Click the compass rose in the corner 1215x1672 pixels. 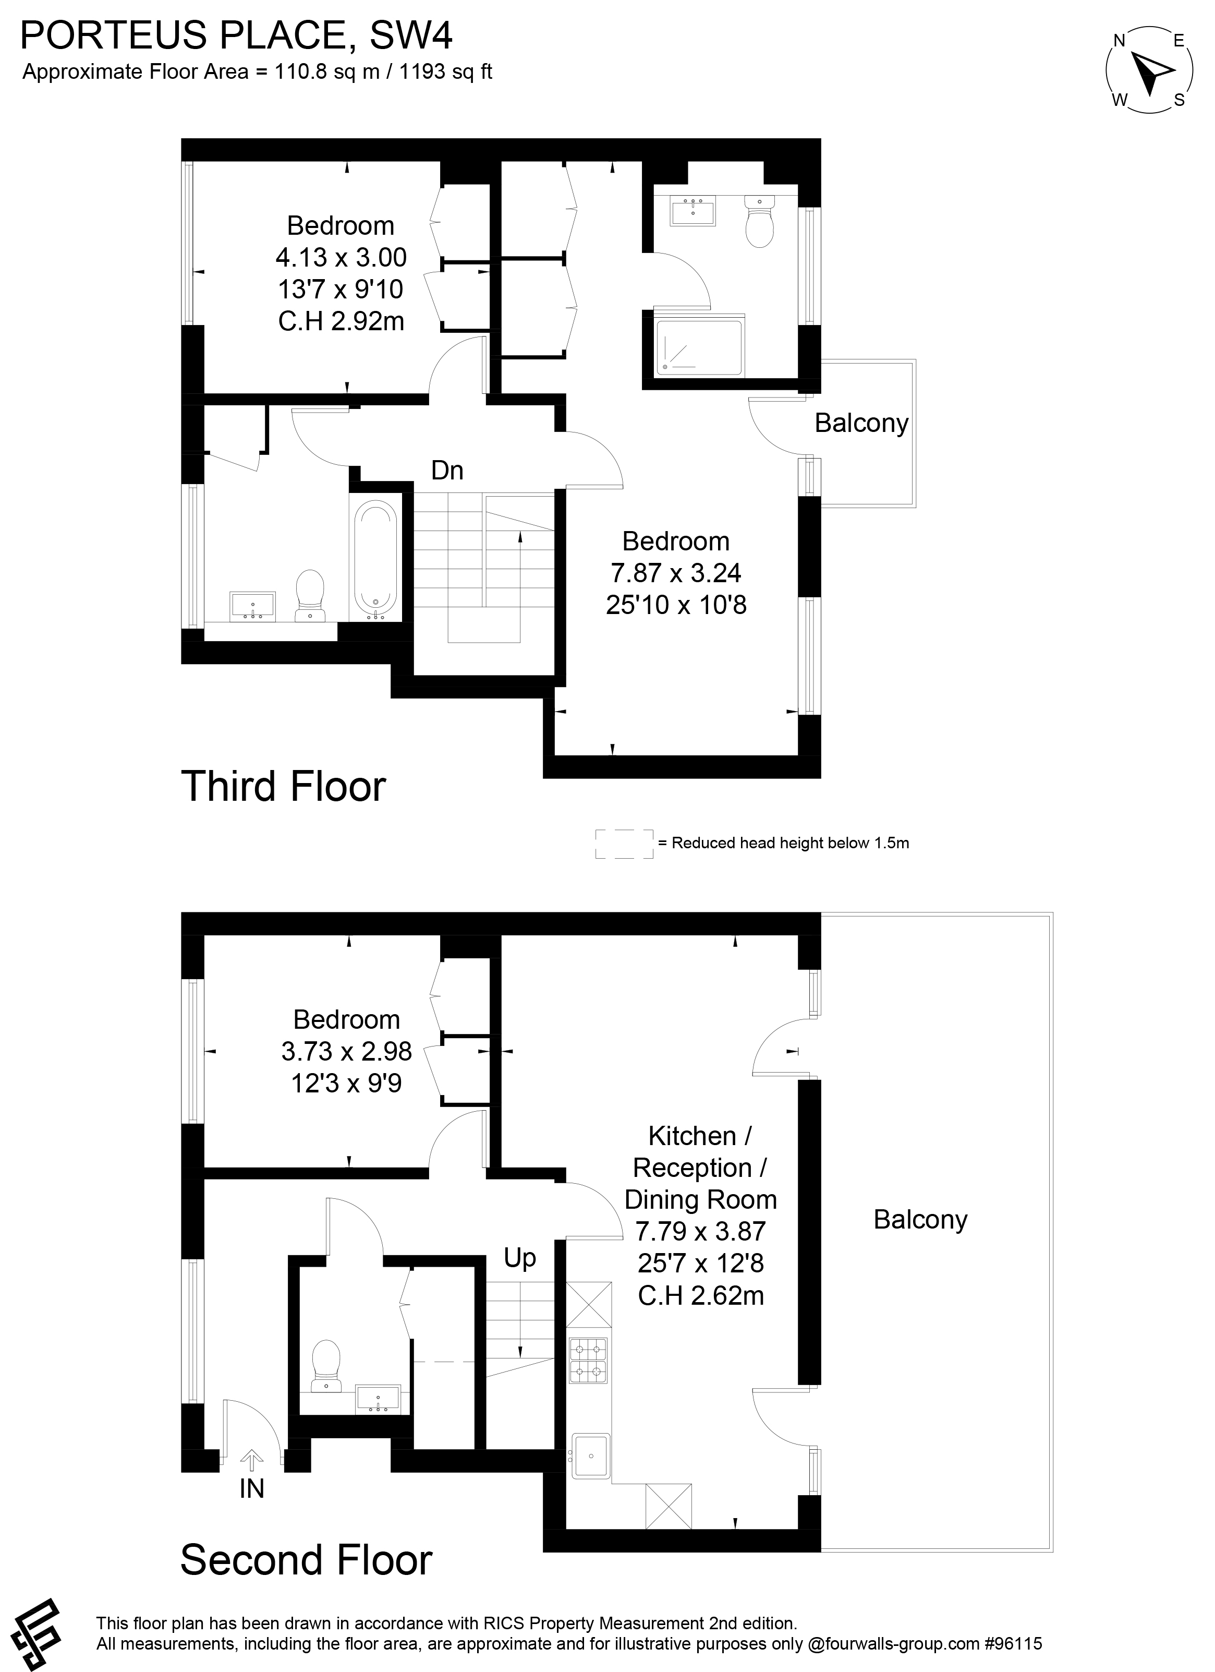[x=1149, y=71]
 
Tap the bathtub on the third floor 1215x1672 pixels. [x=376, y=559]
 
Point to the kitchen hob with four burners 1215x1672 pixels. [x=589, y=1360]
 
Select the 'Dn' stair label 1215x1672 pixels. [x=447, y=471]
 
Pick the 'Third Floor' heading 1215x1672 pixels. [x=283, y=787]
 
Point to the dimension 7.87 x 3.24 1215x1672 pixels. [x=676, y=573]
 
